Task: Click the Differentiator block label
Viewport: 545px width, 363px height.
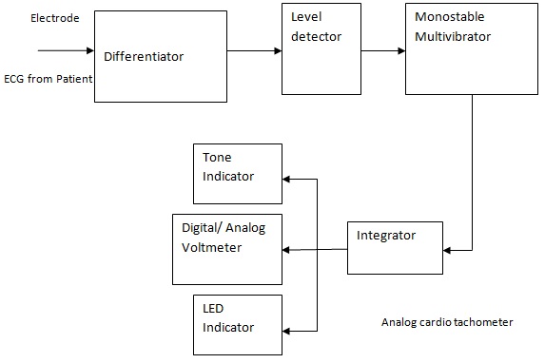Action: click(x=144, y=57)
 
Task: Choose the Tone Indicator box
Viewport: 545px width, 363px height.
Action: click(x=238, y=173)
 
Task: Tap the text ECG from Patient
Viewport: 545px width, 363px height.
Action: click(x=47, y=79)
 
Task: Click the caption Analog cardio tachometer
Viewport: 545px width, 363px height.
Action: click(x=447, y=322)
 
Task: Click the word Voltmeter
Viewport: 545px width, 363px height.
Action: click(x=213, y=247)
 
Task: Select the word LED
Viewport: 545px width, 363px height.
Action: click(x=212, y=310)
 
